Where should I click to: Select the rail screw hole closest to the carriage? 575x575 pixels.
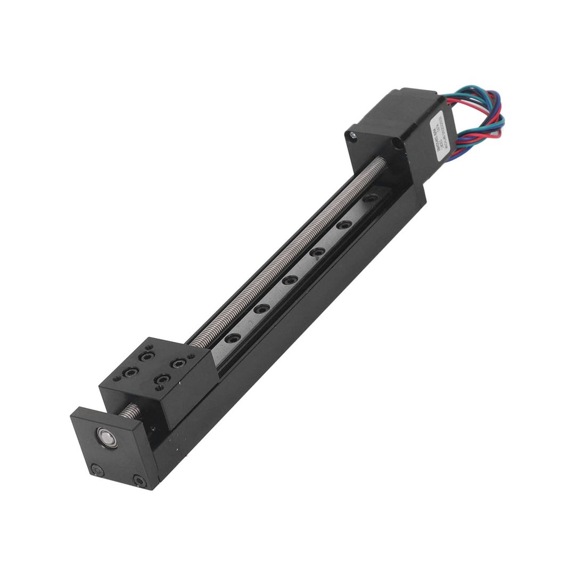pos(232,337)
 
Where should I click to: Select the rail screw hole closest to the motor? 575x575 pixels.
pos(369,199)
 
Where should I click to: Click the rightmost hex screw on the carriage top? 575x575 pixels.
pos(176,363)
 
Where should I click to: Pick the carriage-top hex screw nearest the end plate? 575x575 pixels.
pos(161,380)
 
